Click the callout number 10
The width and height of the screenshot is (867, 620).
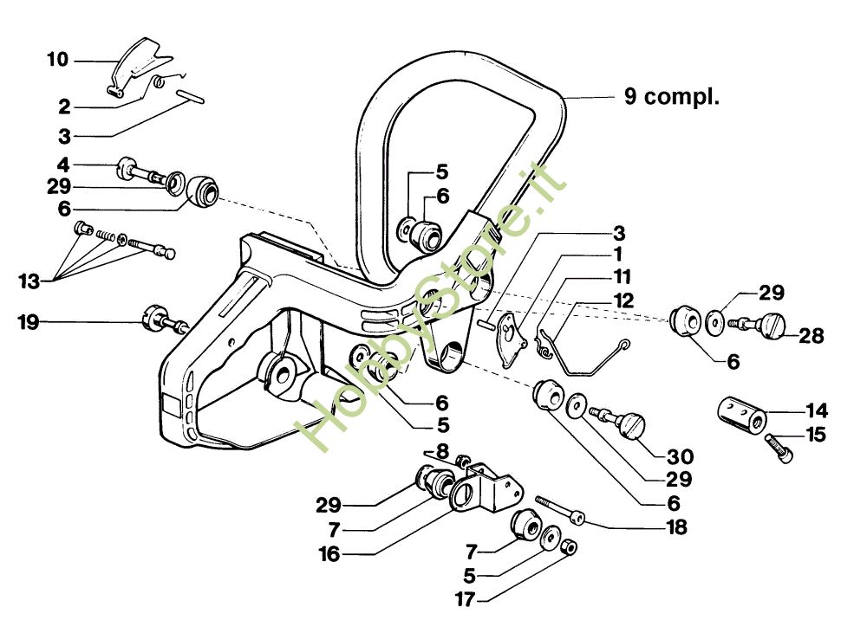click(x=57, y=59)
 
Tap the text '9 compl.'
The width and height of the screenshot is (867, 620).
click(x=672, y=97)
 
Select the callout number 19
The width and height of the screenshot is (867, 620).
click(x=29, y=322)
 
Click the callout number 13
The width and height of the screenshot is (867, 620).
click(x=29, y=281)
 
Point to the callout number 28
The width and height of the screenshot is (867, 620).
click(x=812, y=336)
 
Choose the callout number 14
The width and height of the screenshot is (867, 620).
click(x=817, y=410)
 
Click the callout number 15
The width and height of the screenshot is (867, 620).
click(x=816, y=435)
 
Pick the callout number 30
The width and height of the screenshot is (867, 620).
click(x=680, y=456)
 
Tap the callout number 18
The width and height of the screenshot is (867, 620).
click(x=676, y=527)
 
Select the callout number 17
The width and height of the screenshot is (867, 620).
click(x=465, y=599)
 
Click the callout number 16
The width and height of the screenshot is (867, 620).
click(x=329, y=553)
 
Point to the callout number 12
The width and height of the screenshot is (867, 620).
click(x=623, y=300)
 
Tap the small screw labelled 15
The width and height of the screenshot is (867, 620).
click(x=779, y=448)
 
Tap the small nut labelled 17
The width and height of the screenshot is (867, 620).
click(x=569, y=546)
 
